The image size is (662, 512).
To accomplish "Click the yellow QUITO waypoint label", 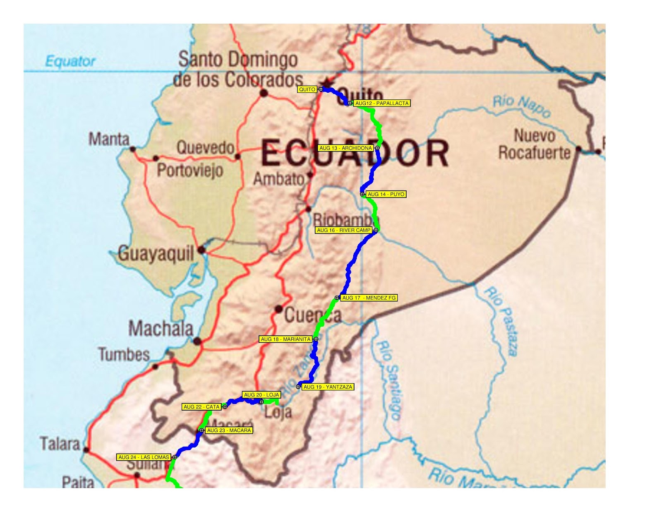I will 307,89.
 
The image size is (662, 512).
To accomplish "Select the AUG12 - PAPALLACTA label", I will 382,103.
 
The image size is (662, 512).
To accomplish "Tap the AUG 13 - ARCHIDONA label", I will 345,148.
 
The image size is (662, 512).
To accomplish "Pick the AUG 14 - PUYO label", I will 386,194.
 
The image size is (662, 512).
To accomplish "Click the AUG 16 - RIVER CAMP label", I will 344,230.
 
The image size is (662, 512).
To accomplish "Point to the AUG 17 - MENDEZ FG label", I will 369,298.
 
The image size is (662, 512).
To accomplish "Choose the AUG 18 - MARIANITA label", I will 285,339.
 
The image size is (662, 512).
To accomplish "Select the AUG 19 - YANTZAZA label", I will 328,387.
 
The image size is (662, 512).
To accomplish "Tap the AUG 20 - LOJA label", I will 261,395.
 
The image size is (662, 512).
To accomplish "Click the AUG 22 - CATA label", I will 201,407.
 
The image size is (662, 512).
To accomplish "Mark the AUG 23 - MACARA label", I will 229,430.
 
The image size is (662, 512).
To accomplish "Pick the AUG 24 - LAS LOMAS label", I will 144,457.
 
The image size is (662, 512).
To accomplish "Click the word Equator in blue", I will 70,61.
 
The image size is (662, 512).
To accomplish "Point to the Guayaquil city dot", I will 201,250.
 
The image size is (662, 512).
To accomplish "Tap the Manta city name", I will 109,139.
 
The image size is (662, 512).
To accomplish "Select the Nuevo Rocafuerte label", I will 534,144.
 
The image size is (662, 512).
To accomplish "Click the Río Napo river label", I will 522,106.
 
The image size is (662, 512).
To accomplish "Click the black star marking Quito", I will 327,82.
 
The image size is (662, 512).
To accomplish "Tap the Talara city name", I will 60,444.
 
